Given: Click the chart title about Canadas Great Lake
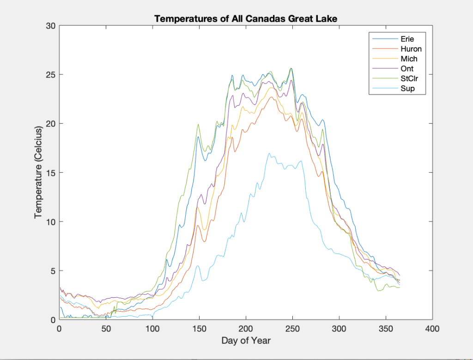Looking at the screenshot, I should pos(246,19).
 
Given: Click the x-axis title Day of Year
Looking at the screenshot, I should pos(246,341).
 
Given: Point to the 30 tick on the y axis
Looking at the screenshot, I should pos(50,26).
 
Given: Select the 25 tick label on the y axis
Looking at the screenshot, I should pos(50,75).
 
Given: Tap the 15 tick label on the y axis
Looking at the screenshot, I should pos(50,173).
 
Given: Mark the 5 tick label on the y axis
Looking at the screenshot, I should pos(53,270).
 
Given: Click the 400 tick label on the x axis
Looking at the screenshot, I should pos(432,329).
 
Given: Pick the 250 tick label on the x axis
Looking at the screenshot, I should pos(292,329).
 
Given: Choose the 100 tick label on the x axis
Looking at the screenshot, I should pos(152,329).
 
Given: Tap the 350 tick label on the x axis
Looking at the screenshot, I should pos(386,329).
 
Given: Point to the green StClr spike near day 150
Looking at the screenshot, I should pos(198,124).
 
